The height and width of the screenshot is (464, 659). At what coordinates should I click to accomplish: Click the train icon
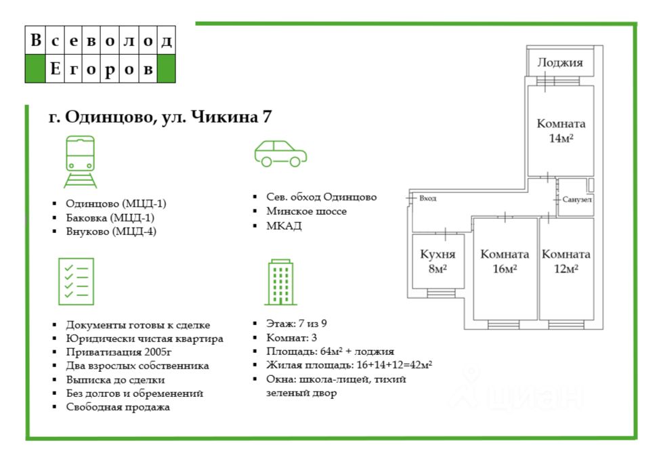pos(80,162)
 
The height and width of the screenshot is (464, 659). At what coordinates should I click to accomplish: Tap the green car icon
pos(280,154)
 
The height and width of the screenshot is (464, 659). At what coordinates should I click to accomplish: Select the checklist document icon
pos(76,281)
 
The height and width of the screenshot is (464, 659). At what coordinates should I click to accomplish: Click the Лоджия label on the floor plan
pos(560,63)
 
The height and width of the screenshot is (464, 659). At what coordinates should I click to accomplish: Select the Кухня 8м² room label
pos(438,261)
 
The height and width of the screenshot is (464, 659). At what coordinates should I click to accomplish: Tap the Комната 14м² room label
pos(561,131)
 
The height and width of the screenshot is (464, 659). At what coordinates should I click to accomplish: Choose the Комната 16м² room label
pos(505,261)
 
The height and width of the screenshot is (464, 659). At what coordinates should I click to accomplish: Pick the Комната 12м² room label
pos(566,261)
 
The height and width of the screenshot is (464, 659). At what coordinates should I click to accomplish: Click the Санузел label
pos(577,201)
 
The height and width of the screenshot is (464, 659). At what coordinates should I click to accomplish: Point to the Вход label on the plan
pos(427,198)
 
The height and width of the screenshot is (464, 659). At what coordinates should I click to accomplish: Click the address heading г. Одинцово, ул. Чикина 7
pos(161,117)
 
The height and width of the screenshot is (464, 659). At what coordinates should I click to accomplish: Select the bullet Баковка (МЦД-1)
pos(110,217)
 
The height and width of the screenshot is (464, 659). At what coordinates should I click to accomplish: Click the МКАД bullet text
pos(284,226)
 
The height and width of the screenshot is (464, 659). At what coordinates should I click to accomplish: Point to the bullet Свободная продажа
pos(118,407)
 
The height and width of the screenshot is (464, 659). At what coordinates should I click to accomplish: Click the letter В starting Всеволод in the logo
pos(35,41)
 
